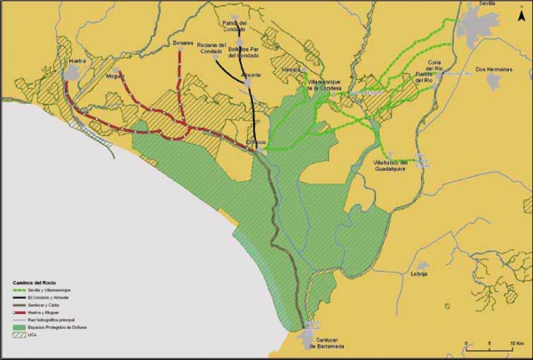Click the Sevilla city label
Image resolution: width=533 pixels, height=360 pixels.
[x=487, y=4]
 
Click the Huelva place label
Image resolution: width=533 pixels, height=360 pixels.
[x=76, y=62]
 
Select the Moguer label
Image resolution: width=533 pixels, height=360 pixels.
[x=114, y=76]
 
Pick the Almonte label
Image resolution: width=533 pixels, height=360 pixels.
[x=251, y=76]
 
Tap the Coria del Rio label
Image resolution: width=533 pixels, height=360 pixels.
[x=434, y=66]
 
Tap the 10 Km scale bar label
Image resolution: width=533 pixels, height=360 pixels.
[x=514, y=342]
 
